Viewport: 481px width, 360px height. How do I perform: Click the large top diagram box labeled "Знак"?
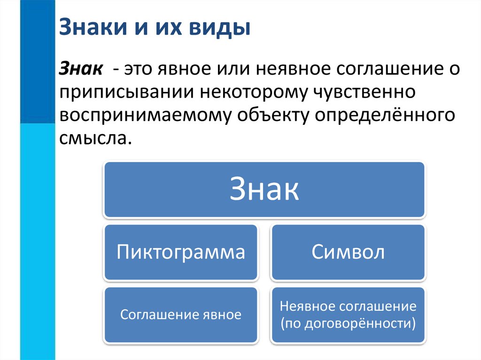pyautogui.click(x=264, y=190)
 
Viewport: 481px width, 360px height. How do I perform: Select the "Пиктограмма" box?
pyautogui.click(x=181, y=253)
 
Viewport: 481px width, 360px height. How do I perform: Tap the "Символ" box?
pyautogui.click(x=348, y=253)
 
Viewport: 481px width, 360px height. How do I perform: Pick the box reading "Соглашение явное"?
pyautogui.click(x=181, y=314)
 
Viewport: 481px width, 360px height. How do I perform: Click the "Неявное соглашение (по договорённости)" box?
pyautogui.click(x=348, y=314)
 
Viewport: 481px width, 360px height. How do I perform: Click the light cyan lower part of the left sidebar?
pyautogui.click(x=38, y=235)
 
